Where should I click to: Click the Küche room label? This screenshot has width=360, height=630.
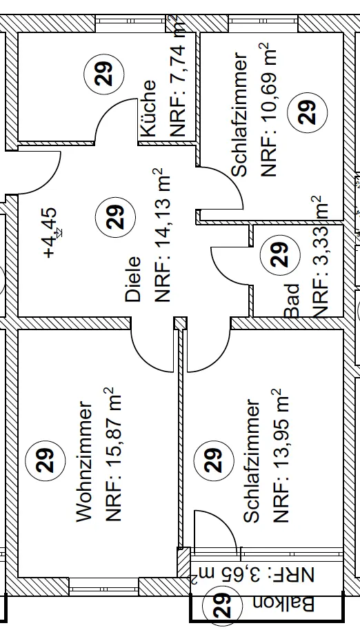point(147,108)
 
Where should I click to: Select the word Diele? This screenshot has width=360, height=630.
point(133,279)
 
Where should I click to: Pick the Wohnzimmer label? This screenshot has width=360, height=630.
point(86,461)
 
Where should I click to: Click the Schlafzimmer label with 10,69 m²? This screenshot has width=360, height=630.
point(240,114)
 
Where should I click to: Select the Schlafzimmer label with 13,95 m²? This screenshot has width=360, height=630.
point(252,460)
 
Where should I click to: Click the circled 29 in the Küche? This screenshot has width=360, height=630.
point(104,74)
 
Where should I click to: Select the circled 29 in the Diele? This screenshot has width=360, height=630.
point(115,217)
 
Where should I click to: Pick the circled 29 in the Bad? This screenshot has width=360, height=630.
point(281,255)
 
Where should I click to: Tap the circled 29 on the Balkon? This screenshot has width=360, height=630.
point(222,605)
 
